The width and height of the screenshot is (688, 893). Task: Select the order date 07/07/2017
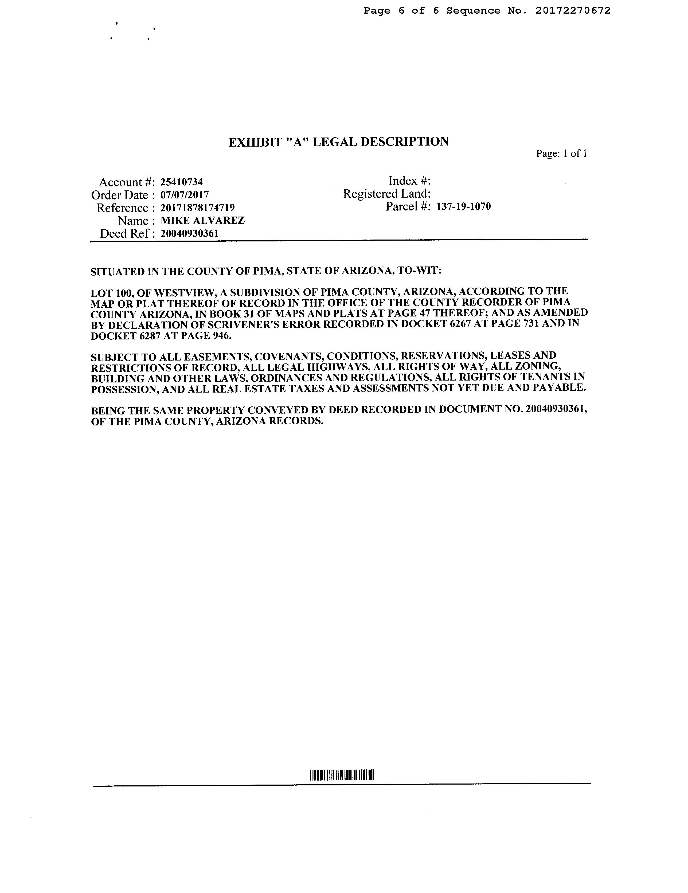coord(185,195)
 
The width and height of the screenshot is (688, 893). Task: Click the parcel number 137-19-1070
coord(463,206)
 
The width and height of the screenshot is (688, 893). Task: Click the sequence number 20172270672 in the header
coord(573,11)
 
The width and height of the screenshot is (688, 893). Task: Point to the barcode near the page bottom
coord(342,775)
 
